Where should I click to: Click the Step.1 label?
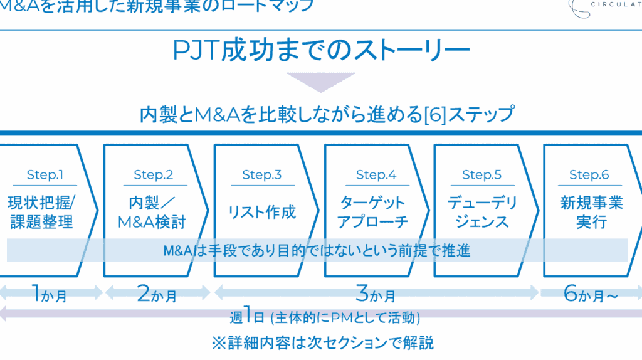pyautogui.click(x=45, y=175)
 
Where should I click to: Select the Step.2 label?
pyautogui.click(x=153, y=175)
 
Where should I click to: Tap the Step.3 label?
pyautogui.click(x=261, y=175)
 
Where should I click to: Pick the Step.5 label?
pyautogui.click(x=482, y=175)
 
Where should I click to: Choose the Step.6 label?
pyautogui.click(x=589, y=175)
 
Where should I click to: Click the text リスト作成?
pyautogui.click(x=261, y=211)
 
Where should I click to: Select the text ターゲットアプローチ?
pyautogui.click(x=372, y=212)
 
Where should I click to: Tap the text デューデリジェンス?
pyautogui.click(x=482, y=212)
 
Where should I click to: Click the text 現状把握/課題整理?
pyautogui.click(x=41, y=212)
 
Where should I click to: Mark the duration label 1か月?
pyautogui.click(x=49, y=294)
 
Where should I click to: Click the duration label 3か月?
pyautogui.click(x=376, y=294)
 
